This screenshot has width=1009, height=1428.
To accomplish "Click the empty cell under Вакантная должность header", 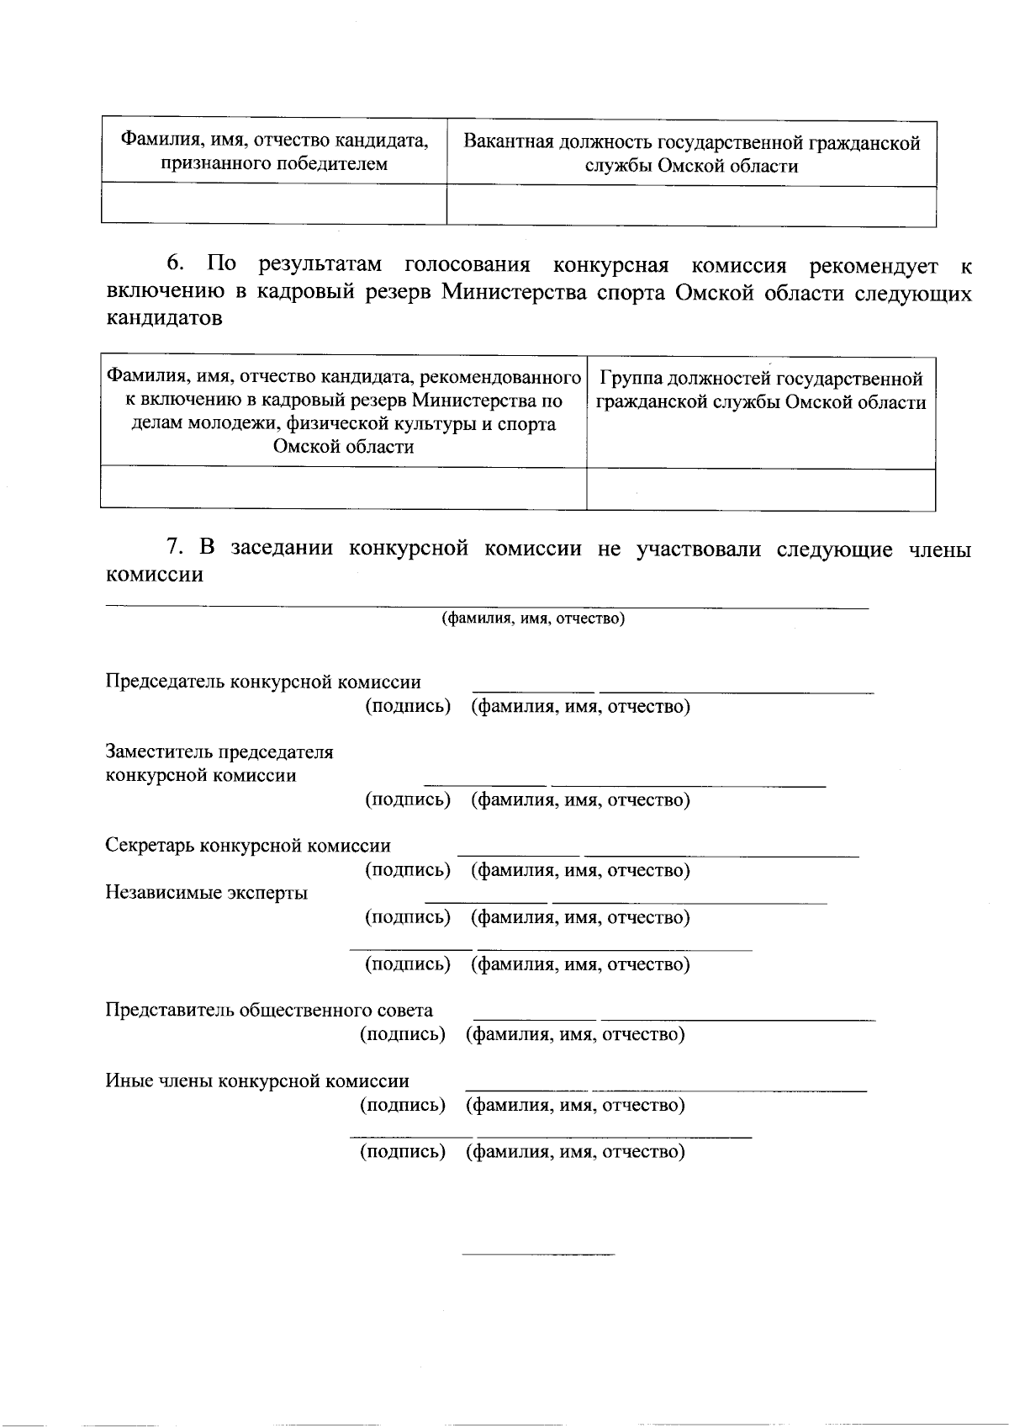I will [x=690, y=205].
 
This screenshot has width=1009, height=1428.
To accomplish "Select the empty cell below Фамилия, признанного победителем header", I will [x=273, y=204].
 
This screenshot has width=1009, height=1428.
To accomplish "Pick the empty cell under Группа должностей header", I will [x=760, y=488].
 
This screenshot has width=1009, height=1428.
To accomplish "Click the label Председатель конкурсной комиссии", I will [x=263, y=682].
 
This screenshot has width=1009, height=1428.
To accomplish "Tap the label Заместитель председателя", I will [x=219, y=751].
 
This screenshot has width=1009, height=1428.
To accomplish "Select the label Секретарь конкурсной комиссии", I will [x=248, y=846].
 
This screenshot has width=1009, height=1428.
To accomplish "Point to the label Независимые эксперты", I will [x=206, y=892].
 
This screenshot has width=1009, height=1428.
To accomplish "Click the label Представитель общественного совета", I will [x=269, y=1010].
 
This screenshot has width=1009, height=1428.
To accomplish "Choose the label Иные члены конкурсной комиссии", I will [x=257, y=1080].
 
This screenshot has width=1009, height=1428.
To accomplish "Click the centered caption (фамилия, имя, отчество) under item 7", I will [x=533, y=619].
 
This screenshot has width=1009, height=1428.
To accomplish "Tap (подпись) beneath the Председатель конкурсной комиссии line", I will [x=408, y=706].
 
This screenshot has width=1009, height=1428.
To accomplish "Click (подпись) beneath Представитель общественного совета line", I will [x=402, y=1033].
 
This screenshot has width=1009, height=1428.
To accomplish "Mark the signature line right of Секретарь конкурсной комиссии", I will [x=518, y=855].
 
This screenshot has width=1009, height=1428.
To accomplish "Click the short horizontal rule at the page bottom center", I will [x=538, y=1255].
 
